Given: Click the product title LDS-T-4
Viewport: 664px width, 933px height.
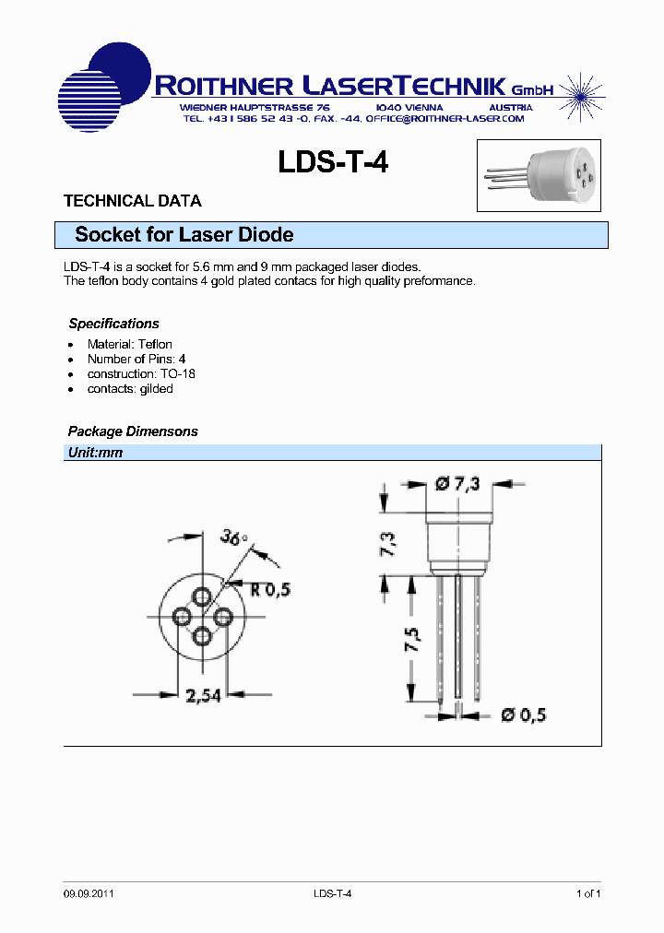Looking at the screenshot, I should coord(333,163).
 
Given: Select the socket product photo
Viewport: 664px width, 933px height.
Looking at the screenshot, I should coord(538,176).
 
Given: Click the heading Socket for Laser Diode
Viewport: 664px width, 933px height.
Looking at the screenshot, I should coord(184,235).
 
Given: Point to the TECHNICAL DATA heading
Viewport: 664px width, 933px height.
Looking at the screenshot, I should coord(132,201).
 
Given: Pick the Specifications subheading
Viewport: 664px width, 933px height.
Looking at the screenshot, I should coord(113,324).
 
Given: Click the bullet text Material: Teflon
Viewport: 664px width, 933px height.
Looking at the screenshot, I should coord(129,344).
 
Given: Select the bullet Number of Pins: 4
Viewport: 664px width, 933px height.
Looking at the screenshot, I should coord(136,359).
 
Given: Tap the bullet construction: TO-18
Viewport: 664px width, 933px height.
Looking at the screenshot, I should coord(141,373).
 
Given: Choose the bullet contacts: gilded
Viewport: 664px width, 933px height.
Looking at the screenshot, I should coord(130,388).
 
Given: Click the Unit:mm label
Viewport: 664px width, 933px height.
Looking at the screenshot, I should coord(95,453).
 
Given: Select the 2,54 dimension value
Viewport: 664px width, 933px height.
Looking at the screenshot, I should coord(201,695).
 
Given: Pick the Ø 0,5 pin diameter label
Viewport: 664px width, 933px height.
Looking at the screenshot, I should coord(523,714).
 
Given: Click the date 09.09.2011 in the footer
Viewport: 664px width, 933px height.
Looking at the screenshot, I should coord(89,893).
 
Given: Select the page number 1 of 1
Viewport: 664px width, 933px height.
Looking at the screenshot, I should coord(587,893).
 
